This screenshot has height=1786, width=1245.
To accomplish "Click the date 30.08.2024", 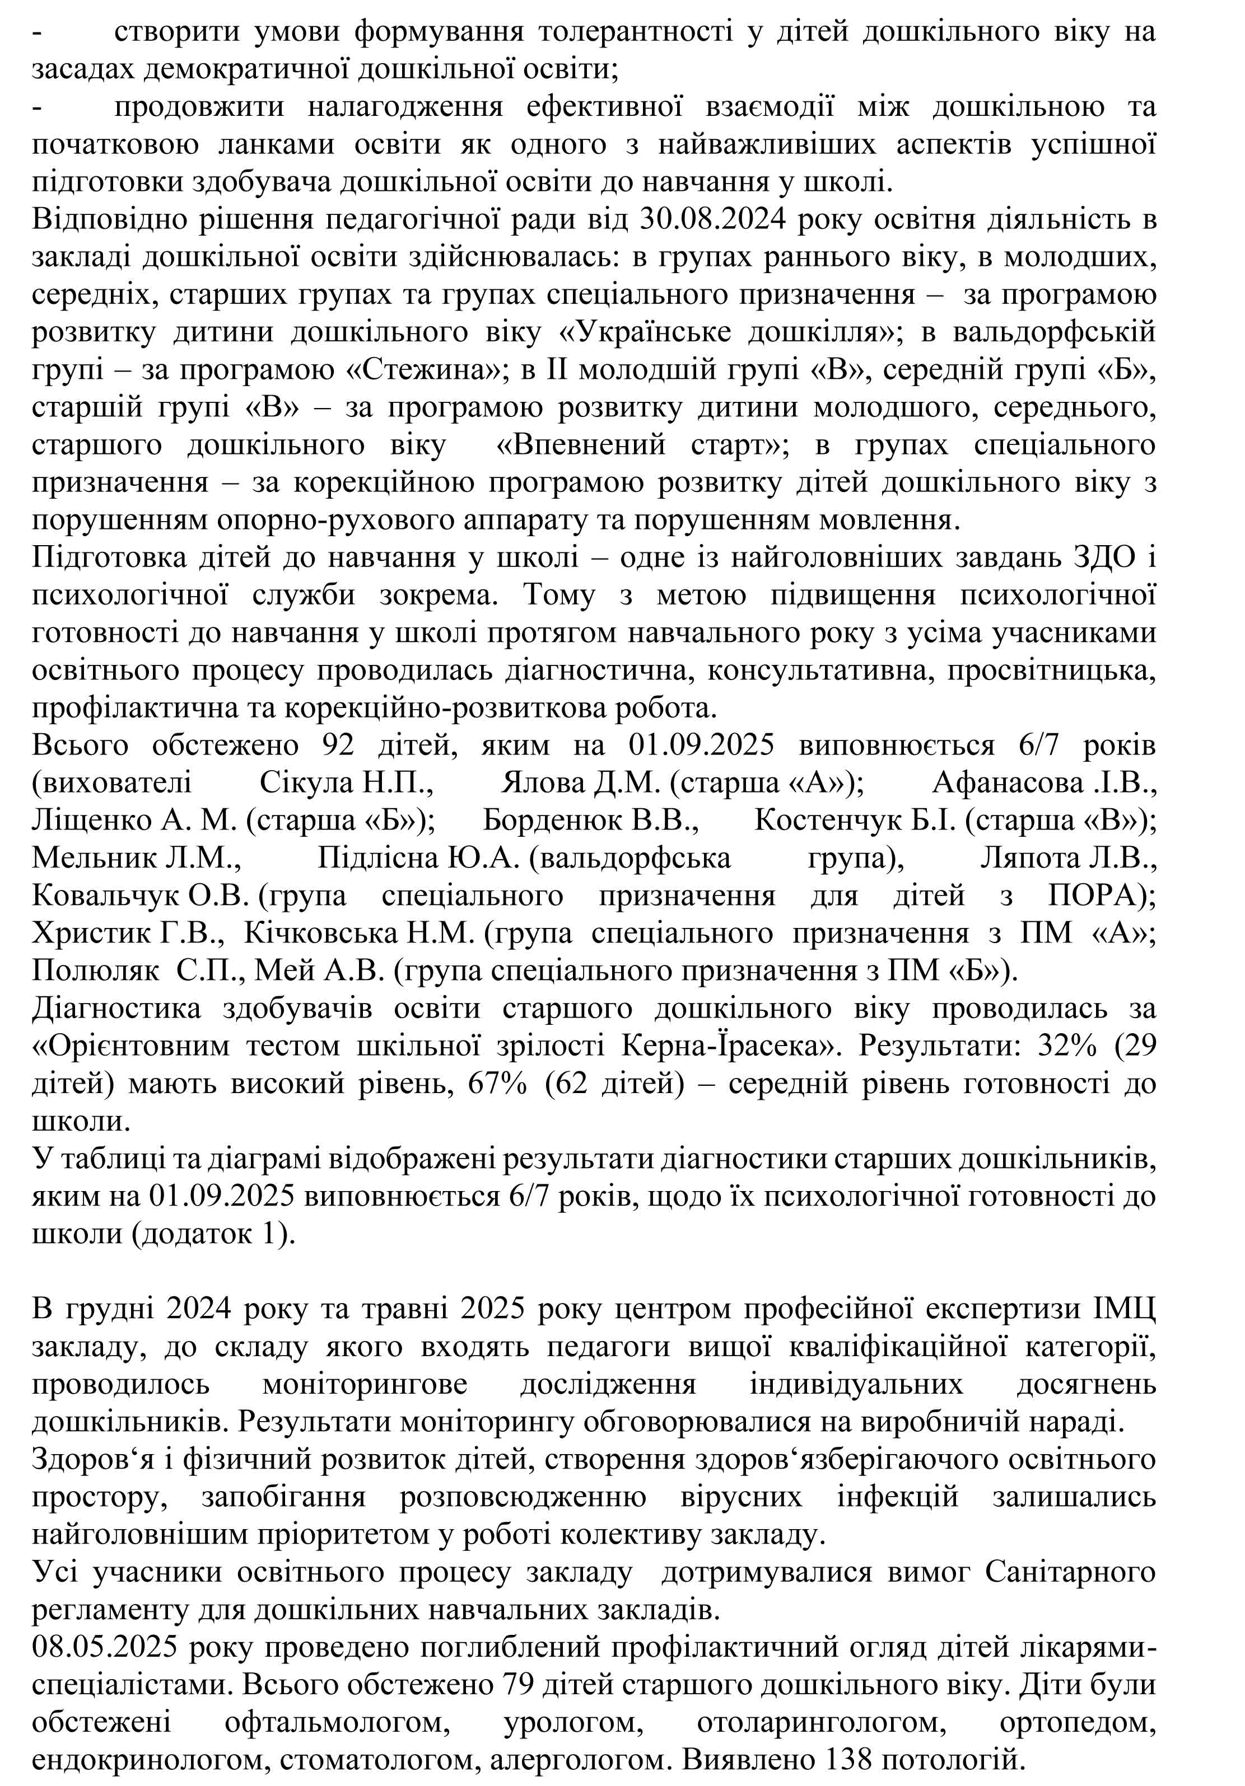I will (x=704, y=220).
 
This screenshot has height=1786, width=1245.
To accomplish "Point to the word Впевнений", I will (x=581, y=445).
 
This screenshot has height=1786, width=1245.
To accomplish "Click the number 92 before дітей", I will (x=338, y=745).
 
